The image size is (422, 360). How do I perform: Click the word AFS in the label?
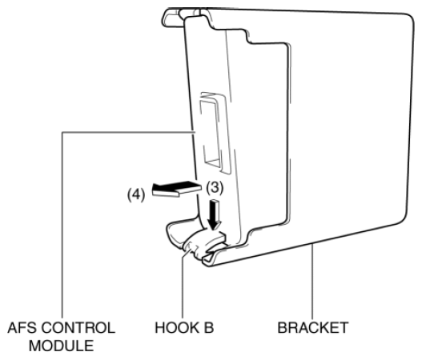point(22,328)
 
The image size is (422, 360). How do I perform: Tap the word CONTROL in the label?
point(78,328)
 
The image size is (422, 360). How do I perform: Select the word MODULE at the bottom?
point(62,346)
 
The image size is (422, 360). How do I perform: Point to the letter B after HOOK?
point(208,328)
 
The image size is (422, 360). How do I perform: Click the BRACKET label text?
point(313,328)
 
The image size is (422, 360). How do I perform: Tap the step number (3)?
point(215,187)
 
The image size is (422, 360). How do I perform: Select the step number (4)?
point(136,194)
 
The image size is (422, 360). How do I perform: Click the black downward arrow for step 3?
point(215,214)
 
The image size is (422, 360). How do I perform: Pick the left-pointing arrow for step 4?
point(177,189)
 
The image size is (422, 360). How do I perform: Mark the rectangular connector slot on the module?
point(214,133)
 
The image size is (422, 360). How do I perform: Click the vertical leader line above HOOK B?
point(183,285)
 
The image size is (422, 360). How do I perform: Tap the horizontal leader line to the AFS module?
point(128,132)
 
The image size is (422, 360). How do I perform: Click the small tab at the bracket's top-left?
point(171,18)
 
